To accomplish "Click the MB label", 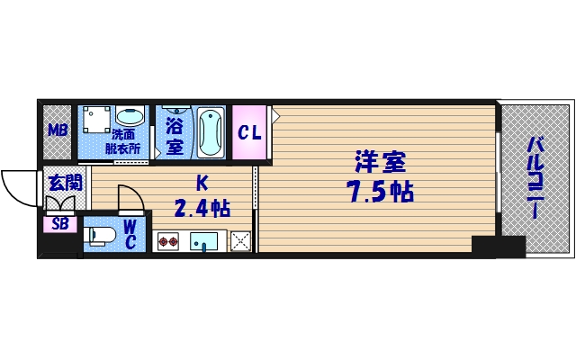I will (x=58, y=131).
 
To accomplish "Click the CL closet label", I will (x=249, y=132).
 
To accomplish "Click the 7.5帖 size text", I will (x=378, y=192).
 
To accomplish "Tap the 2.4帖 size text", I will (x=202, y=210).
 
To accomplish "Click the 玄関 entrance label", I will (x=64, y=183).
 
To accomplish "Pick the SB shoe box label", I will (x=60, y=224).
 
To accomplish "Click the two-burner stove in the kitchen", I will (x=169, y=240).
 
